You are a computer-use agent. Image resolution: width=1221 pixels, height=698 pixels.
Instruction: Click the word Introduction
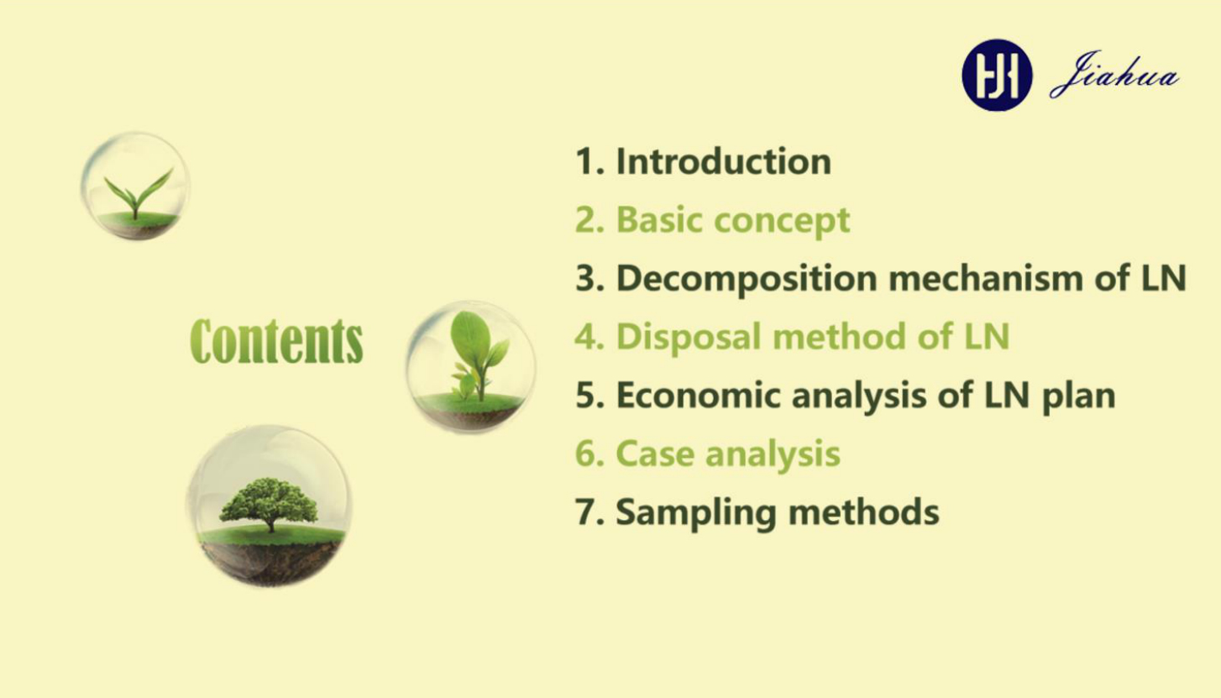tap(723, 161)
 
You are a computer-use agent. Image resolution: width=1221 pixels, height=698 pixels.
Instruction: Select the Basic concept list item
tap(712, 221)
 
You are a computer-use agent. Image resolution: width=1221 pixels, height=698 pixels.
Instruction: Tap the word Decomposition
tap(747, 279)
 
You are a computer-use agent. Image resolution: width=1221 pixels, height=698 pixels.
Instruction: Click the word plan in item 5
tap(1078, 396)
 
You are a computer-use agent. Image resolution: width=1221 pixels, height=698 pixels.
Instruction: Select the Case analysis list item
tap(708, 454)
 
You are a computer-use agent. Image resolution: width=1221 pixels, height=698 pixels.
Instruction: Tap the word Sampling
tap(696, 513)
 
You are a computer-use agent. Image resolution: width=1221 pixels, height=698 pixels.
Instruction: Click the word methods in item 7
tap(864, 512)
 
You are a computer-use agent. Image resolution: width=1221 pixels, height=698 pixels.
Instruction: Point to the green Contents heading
tap(276, 341)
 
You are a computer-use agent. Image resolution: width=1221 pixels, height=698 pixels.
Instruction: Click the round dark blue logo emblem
tap(997, 76)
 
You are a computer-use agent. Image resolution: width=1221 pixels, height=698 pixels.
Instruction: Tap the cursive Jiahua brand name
tap(1114, 75)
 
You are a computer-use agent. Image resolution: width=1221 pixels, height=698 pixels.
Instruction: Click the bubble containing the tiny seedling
tap(136, 186)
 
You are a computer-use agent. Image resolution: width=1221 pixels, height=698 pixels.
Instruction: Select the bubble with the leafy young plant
tap(470, 366)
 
